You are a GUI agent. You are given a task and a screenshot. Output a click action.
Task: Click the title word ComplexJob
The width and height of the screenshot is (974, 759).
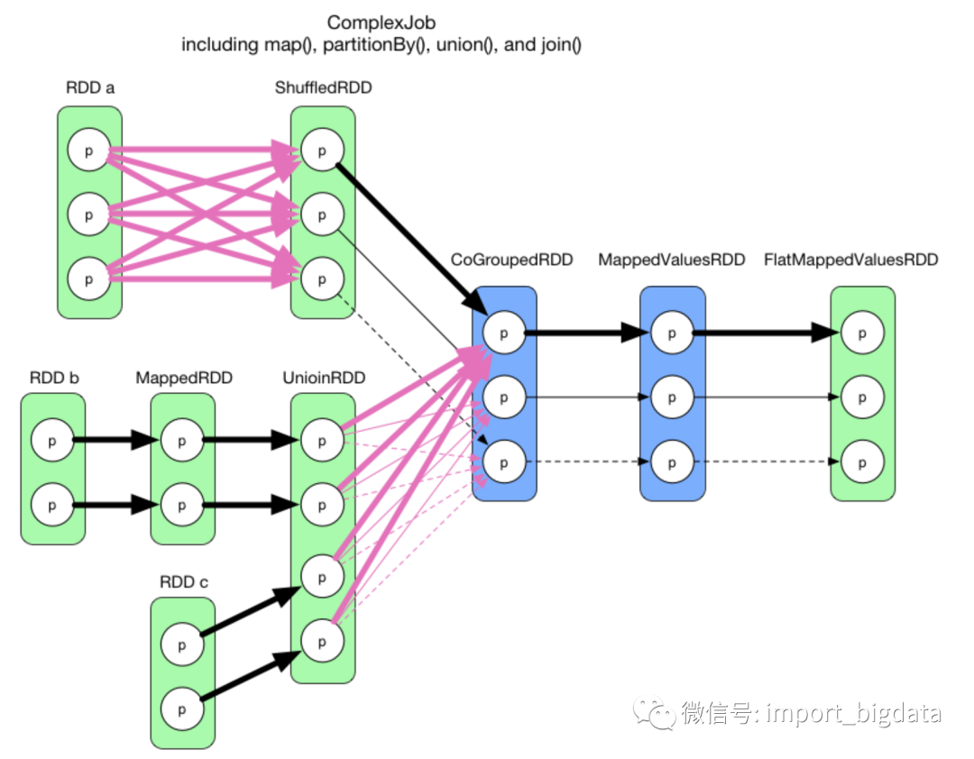pyautogui.click(x=381, y=22)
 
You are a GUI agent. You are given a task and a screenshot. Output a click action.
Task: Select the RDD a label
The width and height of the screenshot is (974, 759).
pyautogui.click(x=90, y=87)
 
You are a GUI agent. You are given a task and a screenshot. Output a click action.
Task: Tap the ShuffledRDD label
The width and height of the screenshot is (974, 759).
pyautogui.click(x=323, y=87)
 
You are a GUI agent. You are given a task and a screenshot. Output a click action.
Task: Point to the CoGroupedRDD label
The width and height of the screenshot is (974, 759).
pyautogui.click(x=511, y=260)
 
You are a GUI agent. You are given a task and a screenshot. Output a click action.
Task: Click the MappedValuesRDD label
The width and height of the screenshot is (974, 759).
pyautogui.click(x=672, y=260)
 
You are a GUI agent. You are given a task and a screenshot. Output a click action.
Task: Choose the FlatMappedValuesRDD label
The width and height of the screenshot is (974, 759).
pyautogui.click(x=850, y=260)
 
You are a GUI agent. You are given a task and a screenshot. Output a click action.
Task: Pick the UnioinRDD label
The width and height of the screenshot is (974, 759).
pyautogui.click(x=324, y=378)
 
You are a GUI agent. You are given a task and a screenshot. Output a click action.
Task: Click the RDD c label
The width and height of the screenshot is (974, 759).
pyautogui.click(x=183, y=582)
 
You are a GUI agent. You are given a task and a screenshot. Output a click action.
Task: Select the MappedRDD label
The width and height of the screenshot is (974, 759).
pyautogui.click(x=184, y=378)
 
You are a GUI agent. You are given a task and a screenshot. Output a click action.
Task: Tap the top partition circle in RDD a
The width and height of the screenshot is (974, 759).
pyautogui.click(x=88, y=151)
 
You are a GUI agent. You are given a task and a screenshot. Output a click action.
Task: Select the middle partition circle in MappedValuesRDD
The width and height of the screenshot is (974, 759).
pyautogui.click(x=671, y=397)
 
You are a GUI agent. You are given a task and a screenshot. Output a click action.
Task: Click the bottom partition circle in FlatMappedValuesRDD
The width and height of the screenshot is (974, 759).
pyautogui.click(x=862, y=462)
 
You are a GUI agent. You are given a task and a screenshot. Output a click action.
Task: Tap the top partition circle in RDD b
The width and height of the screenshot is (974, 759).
pyautogui.click(x=52, y=441)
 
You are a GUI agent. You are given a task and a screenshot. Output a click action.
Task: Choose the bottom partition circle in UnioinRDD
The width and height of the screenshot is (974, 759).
pyautogui.click(x=323, y=642)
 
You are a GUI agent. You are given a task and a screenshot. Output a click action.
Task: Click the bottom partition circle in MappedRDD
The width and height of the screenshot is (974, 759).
pyautogui.click(x=183, y=505)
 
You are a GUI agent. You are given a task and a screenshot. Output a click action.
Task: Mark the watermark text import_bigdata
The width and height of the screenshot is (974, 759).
pyautogui.click(x=853, y=714)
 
